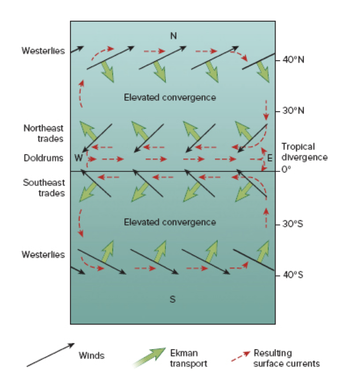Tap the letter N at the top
point(173,36)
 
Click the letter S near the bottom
point(173,299)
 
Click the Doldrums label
point(43,158)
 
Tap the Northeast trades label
point(43,133)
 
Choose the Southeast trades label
point(43,188)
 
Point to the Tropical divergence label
point(304,152)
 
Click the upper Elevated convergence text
point(170,97)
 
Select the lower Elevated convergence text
point(170,222)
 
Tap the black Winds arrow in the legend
point(50,355)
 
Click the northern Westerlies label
point(43,51)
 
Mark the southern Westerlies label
point(43,254)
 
